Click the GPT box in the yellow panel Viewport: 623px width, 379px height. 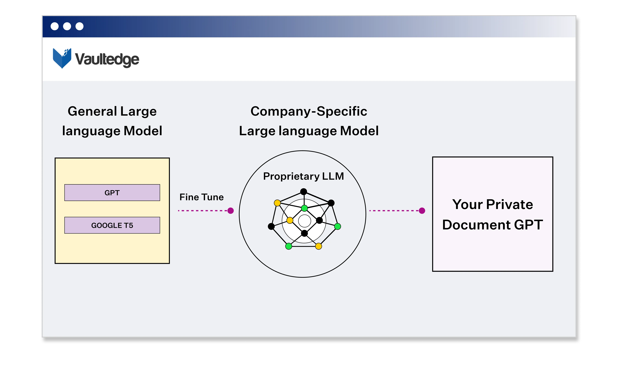click(x=112, y=193)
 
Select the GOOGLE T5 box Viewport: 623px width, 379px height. click(x=112, y=225)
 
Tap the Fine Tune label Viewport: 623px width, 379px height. click(x=201, y=197)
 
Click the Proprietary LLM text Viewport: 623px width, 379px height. click(x=303, y=176)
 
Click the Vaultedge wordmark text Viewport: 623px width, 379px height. click(x=107, y=59)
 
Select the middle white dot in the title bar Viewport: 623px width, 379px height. click(x=67, y=26)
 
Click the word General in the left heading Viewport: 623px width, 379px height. click(x=92, y=111)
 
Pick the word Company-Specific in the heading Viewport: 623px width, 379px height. click(x=309, y=111)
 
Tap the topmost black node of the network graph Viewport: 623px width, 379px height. click(x=304, y=192)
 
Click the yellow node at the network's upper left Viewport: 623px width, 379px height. click(x=277, y=203)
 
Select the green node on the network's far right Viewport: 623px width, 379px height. click(x=338, y=226)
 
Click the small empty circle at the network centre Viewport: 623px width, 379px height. click(x=304, y=221)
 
